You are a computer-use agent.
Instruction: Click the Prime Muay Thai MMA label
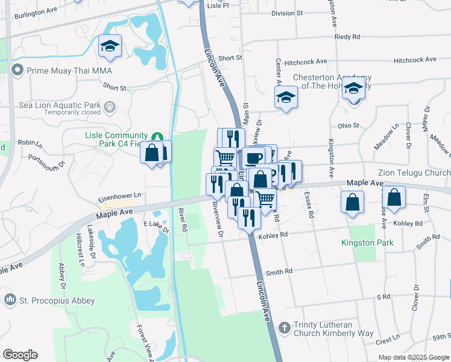click(x=69, y=71)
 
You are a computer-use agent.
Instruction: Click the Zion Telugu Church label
click(x=414, y=173)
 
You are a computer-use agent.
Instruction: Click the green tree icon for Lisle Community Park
click(x=157, y=137)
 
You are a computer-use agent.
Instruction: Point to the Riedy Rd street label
click(x=347, y=37)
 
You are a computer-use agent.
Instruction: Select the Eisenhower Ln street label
click(x=121, y=195)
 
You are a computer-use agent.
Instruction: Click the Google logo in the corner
click(x=20, y=354)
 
